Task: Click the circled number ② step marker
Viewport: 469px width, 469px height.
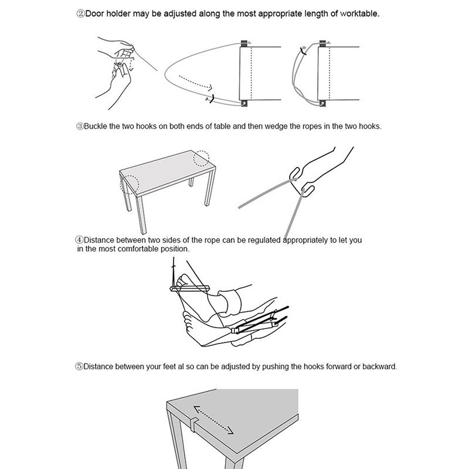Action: (80, 13)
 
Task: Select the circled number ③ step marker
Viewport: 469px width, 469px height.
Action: (80, 126)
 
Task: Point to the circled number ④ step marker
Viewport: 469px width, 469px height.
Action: (79, 240)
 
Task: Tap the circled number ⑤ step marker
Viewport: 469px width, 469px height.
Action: (79, 366)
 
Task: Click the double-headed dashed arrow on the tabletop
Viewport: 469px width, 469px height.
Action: (213, 419)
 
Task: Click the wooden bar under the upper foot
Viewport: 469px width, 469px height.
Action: (190, 288)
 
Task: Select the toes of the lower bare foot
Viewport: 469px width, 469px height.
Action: (188, 321)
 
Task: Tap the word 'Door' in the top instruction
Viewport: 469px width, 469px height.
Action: (95, 13)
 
